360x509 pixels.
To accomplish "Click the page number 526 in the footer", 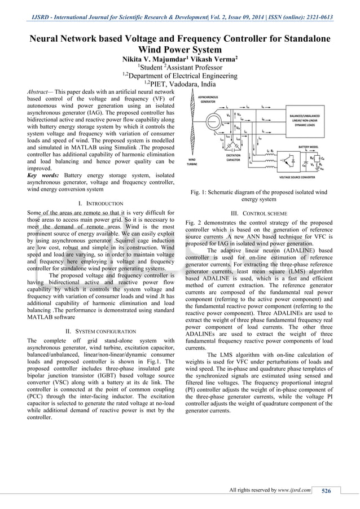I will [326, 491].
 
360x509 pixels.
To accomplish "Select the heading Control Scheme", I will [262, 213].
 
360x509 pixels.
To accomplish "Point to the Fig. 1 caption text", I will [258, 195].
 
